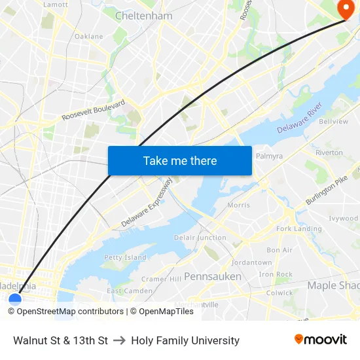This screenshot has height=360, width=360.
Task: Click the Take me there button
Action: [x=180, y=160]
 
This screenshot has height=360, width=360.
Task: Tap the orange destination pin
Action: [x=344, y=9]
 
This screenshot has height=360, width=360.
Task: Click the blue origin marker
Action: [x=14, y=300]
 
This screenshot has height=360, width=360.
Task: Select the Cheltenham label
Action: [x=143, y=15]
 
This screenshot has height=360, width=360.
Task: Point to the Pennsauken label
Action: [x=212, y=276]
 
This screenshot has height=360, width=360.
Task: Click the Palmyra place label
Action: [x=269, y=156]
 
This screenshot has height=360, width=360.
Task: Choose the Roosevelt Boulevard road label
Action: [x=93, y=110]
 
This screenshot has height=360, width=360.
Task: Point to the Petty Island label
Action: [x=125, y=257]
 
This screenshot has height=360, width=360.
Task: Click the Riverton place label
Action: [x=329, y=153]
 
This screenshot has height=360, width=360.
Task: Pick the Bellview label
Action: [x=333, y=122]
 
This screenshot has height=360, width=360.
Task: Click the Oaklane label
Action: [x=88, y=37]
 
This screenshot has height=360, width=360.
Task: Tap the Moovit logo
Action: [x=321, y=340]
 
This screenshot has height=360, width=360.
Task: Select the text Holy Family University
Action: [x=185, y=340]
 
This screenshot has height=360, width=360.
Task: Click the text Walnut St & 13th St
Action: [x=60, y=340]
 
